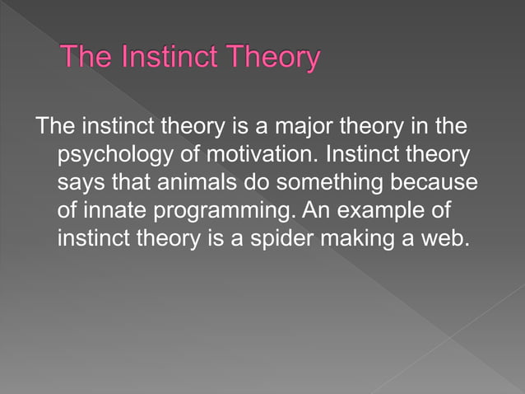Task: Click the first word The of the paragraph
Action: [x=55, y=128]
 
